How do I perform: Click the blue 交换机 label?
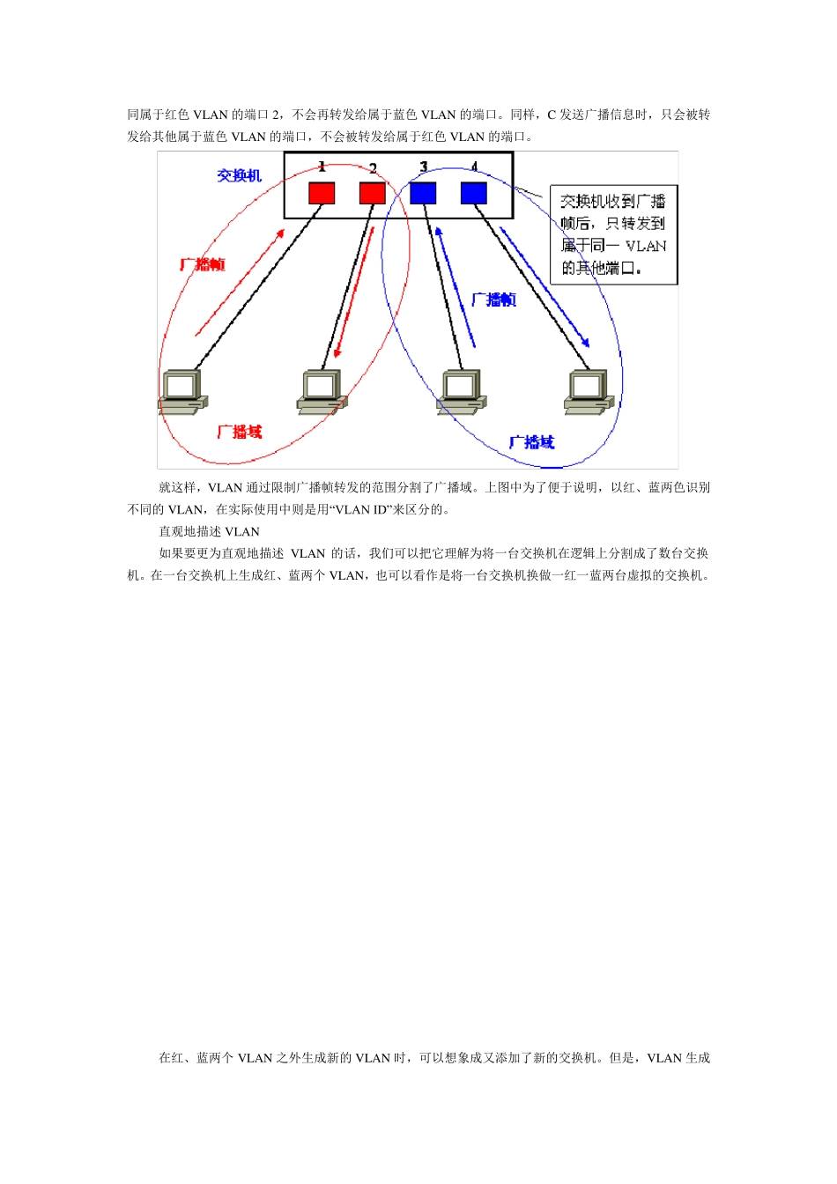click(239, 176)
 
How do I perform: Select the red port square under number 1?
click(322, 193)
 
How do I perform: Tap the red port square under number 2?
click(373, 193)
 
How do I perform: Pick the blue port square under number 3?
click(424, 193)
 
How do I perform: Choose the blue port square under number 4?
click(474, 193)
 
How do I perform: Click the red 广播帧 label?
click(203, 264)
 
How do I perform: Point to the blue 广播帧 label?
click(493, 300)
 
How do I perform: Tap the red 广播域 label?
click(240, 432)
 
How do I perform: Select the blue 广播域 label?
click(531, 442)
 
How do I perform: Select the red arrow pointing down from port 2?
click(354, 292)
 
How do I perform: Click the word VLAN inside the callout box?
click(646, 247)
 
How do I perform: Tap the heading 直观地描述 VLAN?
click(209, 532)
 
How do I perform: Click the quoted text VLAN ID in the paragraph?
click(362, 510)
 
